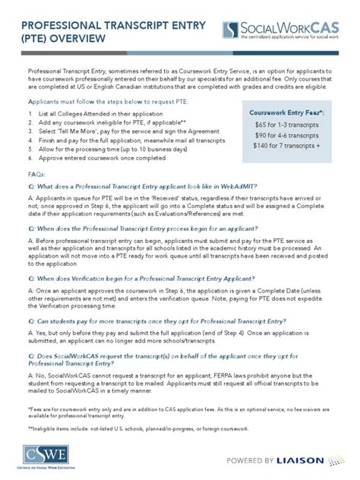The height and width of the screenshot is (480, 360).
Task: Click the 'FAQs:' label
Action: pyautogui.click(x=36, y=174)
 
